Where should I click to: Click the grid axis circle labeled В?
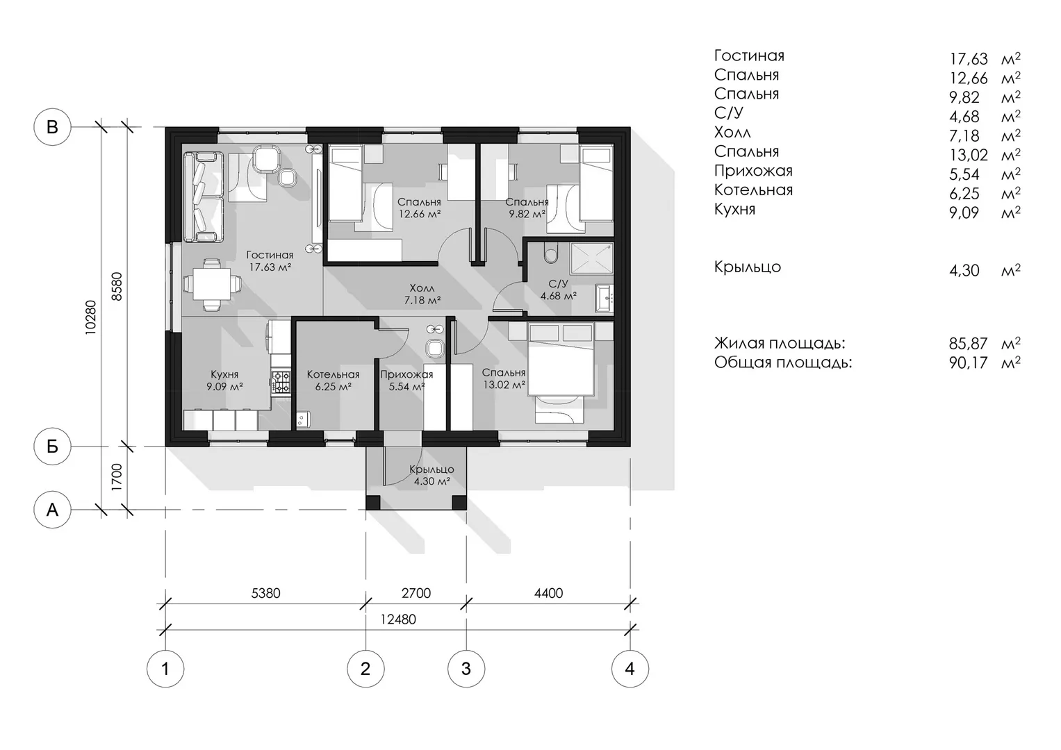point(52,127)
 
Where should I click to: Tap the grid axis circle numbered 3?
point(466,669)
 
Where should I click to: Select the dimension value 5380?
point(265,593)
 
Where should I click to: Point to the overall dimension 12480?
point(398,619)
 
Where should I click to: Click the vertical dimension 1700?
point(117,477)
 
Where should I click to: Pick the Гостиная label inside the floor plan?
point(270,256)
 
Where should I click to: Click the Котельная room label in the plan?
point(333,374)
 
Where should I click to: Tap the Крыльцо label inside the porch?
point(431,469)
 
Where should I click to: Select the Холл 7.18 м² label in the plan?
point(422,294)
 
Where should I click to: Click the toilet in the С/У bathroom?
point(550,253)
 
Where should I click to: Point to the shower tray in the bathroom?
point(591,258)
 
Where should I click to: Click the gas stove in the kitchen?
point(281,382)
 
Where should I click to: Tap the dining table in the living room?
point(212,284)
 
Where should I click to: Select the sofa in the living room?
point(203,197)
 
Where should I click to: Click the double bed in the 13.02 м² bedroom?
point(561,359)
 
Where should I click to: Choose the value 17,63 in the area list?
point(969,59)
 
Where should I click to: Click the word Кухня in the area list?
point(734,210)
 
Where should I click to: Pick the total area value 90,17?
point(969,362)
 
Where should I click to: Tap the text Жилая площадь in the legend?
point(780,343)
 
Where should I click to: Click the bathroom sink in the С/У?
point(604,299)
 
